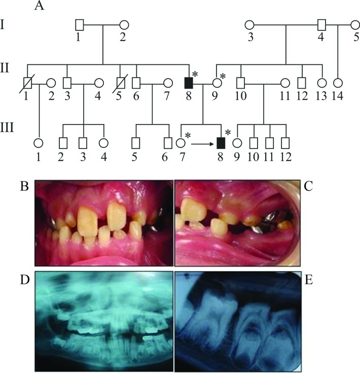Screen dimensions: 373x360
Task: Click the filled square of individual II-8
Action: click(x=189, y=82)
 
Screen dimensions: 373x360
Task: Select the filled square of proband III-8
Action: click(x=221, y=143)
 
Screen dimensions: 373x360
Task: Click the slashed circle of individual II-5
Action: click(x=121, y=82)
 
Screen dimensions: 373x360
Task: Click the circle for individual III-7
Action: click(x=181, y=143)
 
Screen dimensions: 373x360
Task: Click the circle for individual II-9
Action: click(x=218, y=82)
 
